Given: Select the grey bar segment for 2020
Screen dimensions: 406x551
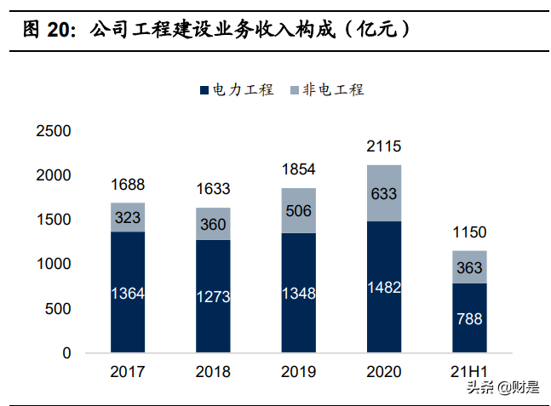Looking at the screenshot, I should coord(383,193).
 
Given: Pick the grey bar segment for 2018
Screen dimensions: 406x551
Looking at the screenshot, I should coord(213,223).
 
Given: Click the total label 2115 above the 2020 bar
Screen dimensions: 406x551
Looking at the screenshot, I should coord(383,146).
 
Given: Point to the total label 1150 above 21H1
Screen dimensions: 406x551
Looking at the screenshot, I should coord(468,232).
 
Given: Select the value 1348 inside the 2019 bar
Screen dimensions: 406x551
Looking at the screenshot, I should coord(298,294).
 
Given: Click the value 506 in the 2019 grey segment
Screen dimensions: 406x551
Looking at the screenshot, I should coord(298,211).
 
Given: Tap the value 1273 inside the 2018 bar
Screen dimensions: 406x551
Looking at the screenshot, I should coord(213,297).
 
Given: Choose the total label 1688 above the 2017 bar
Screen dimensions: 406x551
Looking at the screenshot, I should coord(128,185).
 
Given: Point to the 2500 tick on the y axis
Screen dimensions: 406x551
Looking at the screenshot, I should coord(54,131).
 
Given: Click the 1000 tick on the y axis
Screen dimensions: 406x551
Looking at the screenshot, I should coord(54,264).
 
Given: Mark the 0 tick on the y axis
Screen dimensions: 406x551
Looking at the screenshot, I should coord(66,352).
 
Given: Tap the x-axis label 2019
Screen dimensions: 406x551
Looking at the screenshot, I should coord(298,372).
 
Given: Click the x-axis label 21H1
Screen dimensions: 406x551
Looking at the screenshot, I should coord(468,372).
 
